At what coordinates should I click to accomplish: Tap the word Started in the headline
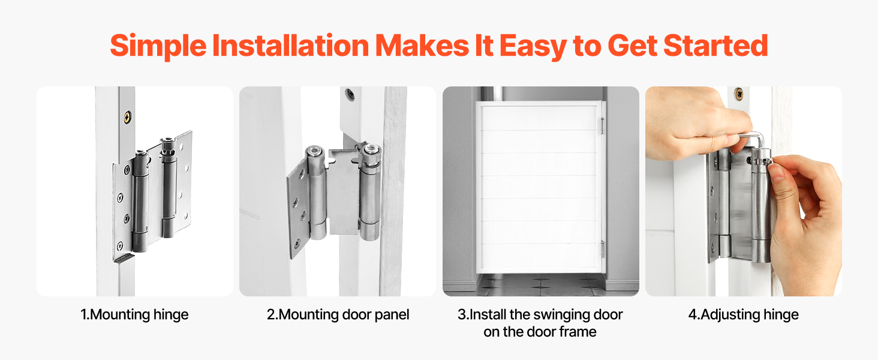[715, 46]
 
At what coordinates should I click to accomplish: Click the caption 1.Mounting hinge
[134, 314]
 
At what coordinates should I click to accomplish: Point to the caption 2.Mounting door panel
[338, 314]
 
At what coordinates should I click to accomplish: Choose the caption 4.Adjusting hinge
[744, 314]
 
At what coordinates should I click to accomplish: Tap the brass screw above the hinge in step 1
[128, 116]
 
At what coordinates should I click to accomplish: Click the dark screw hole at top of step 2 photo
[349, 95]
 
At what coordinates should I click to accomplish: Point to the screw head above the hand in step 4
[738, 94]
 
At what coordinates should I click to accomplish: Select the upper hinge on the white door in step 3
[603, 125]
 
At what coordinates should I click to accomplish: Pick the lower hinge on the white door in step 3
[603, 250]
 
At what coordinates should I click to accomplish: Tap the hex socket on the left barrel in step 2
[314, 151]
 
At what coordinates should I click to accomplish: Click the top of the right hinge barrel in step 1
[167, 141]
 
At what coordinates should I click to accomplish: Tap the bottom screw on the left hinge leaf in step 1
[119, 246]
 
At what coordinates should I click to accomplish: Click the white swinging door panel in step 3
[539, 187]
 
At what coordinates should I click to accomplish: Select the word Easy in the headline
[533, 47]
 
